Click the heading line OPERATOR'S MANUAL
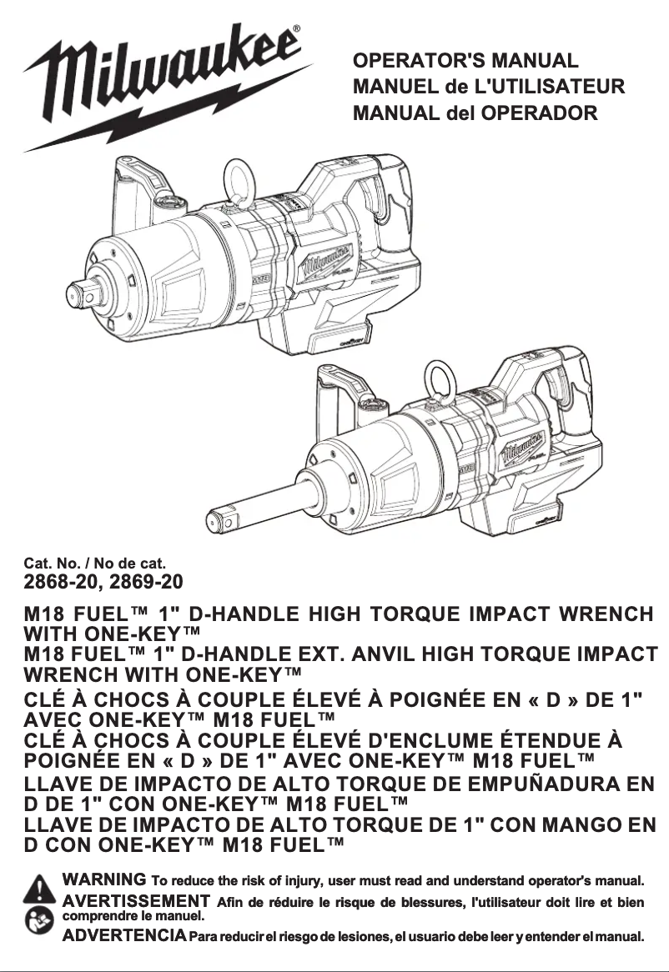pyautogui.click(x=465, y=61)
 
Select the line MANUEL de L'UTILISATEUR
pyautogui.click(x=489, y=87)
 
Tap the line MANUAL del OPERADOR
pyautogui.click(x=475, y=112)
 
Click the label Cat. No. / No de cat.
pyautogui.click(x=94, y=562)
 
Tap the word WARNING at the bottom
pyautogui.click(x=105, y=880)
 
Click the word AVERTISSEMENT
pyautogui.click(x=136, y=900)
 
